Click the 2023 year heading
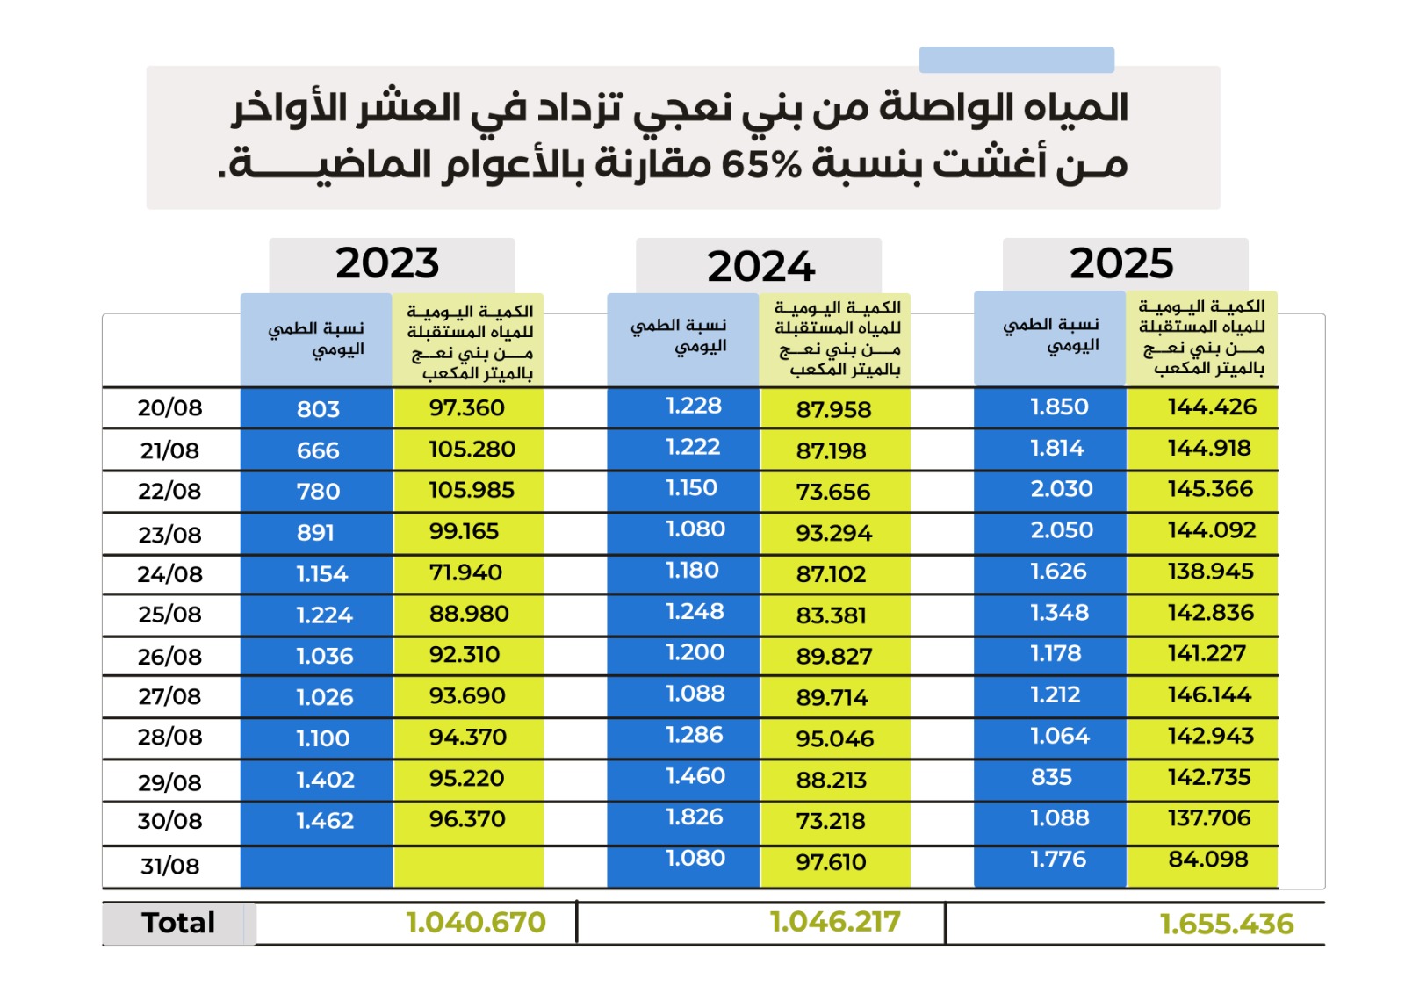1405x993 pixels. (x=387, y=263)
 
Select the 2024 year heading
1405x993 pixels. (x=760, y=267)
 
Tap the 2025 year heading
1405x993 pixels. (x=1121, y=263)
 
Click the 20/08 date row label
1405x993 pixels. (x=169, y=407)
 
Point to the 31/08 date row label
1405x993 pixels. (x=169, y=867)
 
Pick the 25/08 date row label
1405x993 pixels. (x=169, y=615)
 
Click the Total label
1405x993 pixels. (x=178, y=923)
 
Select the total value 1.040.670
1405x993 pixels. (x=476, y=923)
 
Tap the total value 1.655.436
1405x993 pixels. (x=1227, y=925)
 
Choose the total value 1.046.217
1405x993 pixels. (x=835, y=922)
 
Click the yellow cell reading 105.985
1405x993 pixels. (x=472, y=490)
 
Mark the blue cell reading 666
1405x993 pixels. (x=318, y=450)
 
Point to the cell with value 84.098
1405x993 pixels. (x=1208, y=859)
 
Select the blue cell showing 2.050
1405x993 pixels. (x=1062, y=530)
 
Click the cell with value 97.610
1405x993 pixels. (x=831, y=862)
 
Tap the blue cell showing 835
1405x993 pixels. (x=1052, y=777)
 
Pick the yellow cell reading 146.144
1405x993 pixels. (x=1209, y=694)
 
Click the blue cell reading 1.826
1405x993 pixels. (x=695, y=817)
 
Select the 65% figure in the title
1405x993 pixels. (x=761, y=164)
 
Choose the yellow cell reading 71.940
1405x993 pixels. (x=465, y=572)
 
